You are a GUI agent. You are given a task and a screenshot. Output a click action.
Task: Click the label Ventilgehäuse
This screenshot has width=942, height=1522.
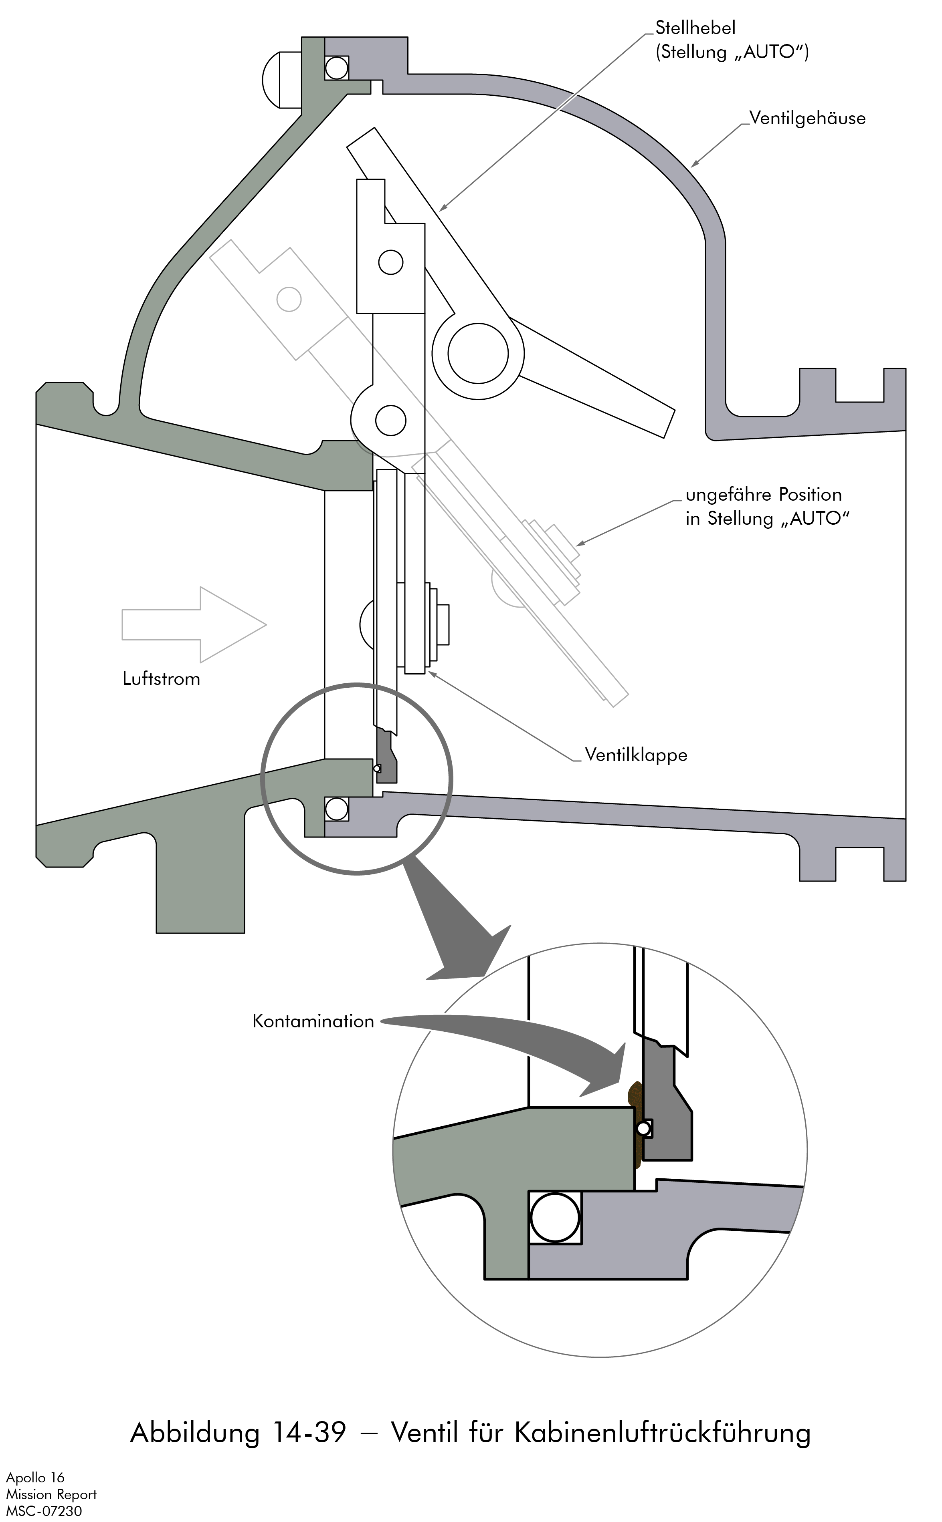pyautogui.click(x=807, y=118)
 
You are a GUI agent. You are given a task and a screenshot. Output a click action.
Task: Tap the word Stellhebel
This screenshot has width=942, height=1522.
pyautogui.click(x=695, y=28)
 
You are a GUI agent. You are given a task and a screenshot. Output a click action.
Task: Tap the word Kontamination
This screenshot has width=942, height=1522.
pyautogui.click(x=313, y=1021)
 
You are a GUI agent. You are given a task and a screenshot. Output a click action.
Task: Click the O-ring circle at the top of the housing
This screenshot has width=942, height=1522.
pyautogui.click(x=336, y=68)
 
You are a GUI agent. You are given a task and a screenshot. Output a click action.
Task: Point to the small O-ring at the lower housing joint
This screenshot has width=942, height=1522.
pyautogui.click(x=336, y=809)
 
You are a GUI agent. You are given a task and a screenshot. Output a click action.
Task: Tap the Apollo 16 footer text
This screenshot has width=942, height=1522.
pyautogui.click(x=36, y=1478)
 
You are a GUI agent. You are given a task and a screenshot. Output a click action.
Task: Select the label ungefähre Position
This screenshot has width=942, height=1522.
pyautogui.click(x=763, y=495)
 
